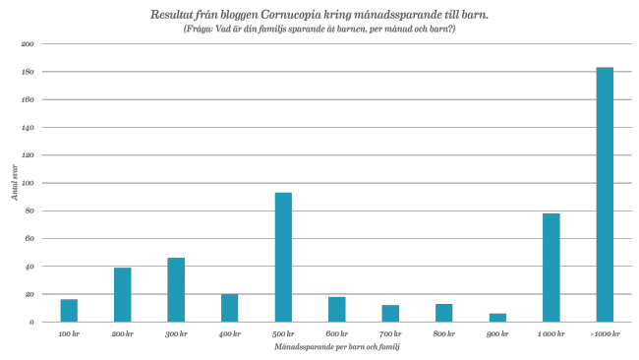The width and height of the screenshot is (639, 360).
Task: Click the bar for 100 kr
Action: (69, 311)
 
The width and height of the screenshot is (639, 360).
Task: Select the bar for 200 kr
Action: (123, 295)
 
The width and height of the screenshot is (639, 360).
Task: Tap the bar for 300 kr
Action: (176, 290)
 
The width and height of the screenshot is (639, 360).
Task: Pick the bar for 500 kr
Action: (283, 258)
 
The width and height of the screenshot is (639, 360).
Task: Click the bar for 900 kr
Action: (497, 318)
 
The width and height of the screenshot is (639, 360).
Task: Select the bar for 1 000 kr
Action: (552, 268)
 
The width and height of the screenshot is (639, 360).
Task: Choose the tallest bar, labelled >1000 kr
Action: (605, 195)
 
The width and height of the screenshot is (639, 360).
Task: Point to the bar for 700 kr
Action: (390, 314)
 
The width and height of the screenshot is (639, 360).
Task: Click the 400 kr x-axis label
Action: (229, 334)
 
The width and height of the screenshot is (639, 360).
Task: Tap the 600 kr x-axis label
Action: (336, 334)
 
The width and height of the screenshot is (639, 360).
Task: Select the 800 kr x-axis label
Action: (443, 334)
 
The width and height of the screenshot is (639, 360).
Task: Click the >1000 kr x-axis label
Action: (605, 334)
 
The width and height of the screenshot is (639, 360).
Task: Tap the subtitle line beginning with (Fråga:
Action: (319, 29)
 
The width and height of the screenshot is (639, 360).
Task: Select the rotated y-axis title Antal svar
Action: (14, 184)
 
